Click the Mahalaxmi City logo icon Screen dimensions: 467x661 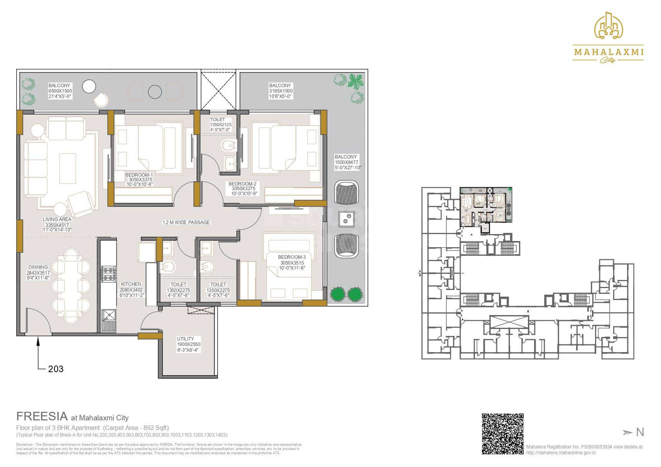point(609,25)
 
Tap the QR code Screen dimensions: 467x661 point(502,433)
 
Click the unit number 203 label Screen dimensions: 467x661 point(56,369)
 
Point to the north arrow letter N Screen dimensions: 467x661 point(640,432)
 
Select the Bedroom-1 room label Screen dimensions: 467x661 point(139,175)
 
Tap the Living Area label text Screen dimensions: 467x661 point(57,219)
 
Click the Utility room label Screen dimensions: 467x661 point(186,339)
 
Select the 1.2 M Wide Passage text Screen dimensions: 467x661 point(186,223)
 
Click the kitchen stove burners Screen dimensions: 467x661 point(108,273)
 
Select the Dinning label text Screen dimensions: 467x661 point(38,267)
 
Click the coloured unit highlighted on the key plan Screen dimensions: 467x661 point(486,205)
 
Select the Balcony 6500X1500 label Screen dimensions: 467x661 point(60,91)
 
